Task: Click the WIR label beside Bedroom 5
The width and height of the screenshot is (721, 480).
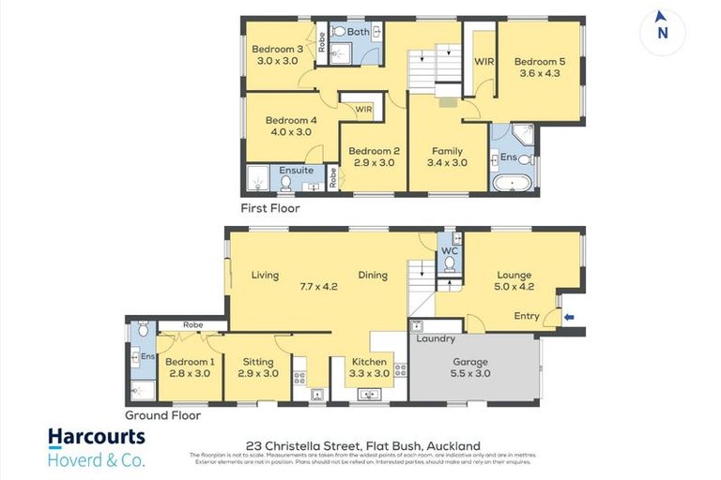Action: coord(483,62)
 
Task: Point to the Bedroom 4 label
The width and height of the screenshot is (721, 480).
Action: coord(291,120)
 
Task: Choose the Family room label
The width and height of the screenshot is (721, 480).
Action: coord(447,151)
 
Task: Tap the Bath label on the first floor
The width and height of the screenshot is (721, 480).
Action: coord(358,32)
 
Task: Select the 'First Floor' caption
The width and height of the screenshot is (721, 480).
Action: coord(269,208)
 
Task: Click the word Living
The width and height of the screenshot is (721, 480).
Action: coord(265,276)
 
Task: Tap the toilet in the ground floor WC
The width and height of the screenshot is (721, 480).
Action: coord(449,263)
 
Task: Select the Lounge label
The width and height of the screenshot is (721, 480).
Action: coord(514,276)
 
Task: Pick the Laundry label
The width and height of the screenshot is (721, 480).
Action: coord(437,338)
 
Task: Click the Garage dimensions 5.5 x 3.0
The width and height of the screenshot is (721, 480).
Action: coord(469,372)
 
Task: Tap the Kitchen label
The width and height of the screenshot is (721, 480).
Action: coord(369,362)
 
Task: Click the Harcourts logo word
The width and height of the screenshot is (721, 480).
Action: coord(97,436)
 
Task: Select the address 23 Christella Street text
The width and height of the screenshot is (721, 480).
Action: coord(310,445)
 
